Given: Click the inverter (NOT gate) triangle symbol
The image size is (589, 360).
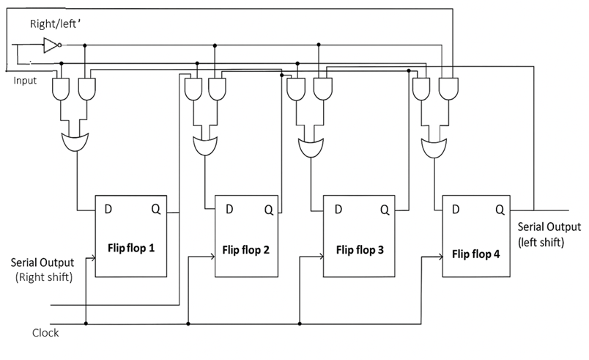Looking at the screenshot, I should point(50,45).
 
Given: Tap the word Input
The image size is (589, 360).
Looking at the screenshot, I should point(25,81).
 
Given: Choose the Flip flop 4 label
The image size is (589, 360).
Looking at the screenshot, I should point(477,254).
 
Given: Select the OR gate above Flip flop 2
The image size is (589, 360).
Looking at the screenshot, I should point(204,144).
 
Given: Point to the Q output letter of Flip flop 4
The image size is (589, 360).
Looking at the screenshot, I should point(500,210).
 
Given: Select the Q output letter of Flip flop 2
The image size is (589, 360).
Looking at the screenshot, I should point(268,210).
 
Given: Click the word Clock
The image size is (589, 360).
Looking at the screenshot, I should point(45,333).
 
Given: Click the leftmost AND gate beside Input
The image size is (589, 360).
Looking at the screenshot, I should point(62,90).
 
